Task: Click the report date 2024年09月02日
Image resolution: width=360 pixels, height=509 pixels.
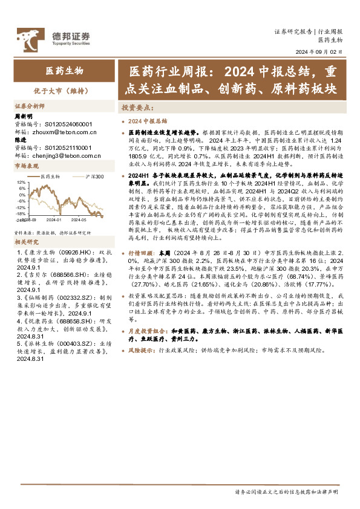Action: point(319,52)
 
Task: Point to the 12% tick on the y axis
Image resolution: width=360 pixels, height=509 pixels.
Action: point(21,182)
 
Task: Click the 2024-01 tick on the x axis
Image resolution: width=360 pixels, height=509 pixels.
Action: point(53,220)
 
